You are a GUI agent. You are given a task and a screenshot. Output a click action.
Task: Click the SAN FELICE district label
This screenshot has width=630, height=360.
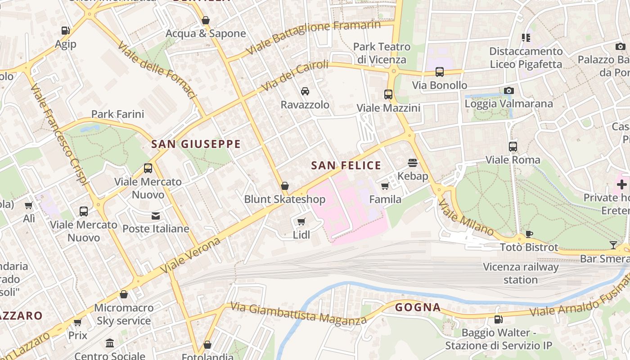tap(346, 166)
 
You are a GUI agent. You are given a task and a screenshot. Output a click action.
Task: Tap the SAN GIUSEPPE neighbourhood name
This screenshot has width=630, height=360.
tap(196, 144)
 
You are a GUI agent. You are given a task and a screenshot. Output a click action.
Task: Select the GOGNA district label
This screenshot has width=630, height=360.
tap(418, 308)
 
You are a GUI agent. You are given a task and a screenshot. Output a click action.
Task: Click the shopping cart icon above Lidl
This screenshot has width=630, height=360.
tap(301, 221)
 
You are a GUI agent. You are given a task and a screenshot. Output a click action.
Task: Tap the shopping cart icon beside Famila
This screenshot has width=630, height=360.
tap(385, 186)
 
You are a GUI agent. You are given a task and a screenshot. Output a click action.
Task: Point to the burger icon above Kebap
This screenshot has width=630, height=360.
tap(413, 162)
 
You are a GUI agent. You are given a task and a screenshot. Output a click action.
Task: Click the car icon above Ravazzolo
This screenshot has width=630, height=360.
tap(305, 91)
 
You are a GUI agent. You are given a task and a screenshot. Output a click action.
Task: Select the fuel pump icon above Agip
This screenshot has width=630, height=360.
tap(66, 31)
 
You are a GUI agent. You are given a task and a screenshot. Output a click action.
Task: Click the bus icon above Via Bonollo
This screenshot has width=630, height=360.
tap(440, 72)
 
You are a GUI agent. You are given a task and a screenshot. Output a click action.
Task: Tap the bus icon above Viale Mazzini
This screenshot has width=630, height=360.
tap(388, 94)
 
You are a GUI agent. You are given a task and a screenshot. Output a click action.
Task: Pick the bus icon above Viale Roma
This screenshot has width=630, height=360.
tap(513, 146)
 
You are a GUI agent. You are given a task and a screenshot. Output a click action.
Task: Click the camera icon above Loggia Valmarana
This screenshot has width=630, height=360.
tap(508, 90)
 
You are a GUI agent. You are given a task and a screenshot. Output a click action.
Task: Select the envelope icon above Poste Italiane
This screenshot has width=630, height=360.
tap(156, 216)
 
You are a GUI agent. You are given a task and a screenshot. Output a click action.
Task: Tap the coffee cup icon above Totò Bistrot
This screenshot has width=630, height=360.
tap(529, 234)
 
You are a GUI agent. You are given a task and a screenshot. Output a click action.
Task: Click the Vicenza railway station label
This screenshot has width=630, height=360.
tap(521, 273)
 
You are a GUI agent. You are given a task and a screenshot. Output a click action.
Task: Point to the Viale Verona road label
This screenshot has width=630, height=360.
tap(191, 255)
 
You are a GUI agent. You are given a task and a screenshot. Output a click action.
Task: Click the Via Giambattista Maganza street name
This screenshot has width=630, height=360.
tap(298, 313)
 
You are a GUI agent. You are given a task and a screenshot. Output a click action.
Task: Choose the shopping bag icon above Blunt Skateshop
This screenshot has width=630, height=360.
tap(284, 186)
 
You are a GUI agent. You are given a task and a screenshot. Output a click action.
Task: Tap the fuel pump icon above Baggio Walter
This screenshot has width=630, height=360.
tap(498, 319)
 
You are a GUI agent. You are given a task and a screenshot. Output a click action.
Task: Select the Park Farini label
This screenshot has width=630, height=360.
tap(117, 114)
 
